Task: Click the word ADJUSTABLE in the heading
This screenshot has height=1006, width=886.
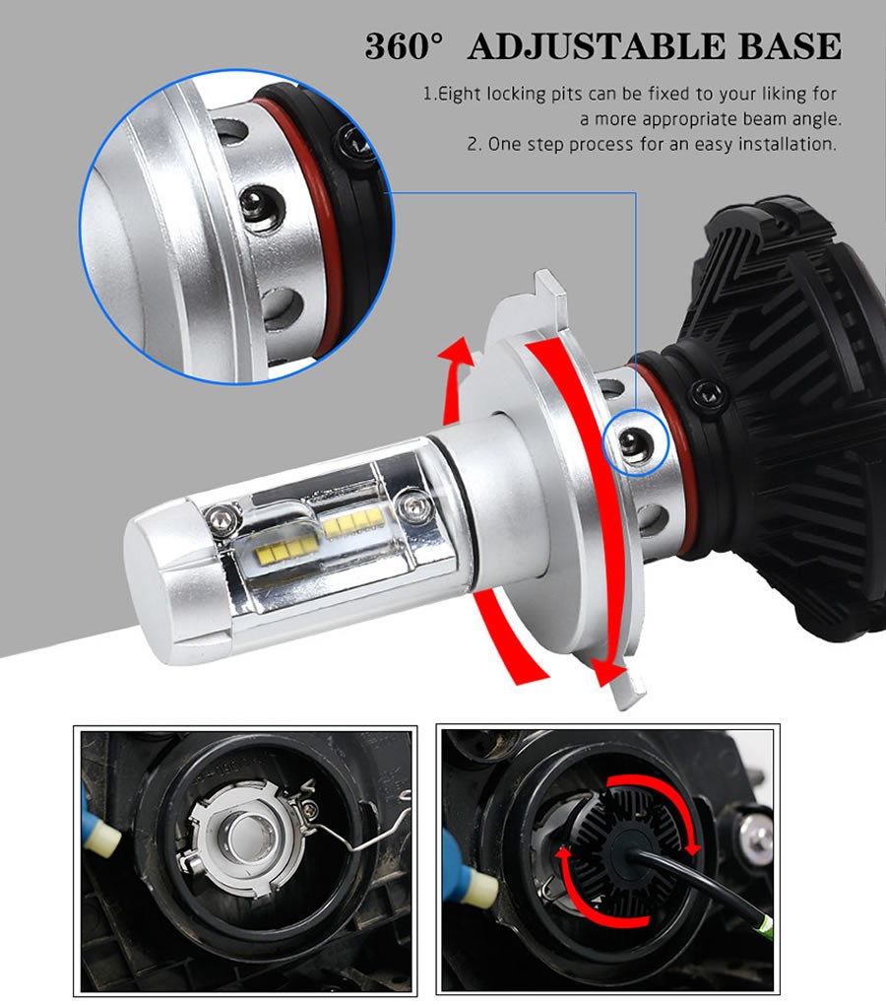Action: [x=597, y=46]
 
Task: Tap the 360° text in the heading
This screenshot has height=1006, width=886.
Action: [x=404, y=46]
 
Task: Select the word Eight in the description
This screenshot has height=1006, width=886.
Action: [x=460, y=95]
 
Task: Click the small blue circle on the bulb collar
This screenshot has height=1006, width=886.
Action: [x=637, y=442]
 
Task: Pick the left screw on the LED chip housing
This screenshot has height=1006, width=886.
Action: [x=221, y=518]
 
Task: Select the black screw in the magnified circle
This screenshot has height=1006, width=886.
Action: [x=352, y=145]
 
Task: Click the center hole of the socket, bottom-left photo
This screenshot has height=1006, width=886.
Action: [x=245, y=833]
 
